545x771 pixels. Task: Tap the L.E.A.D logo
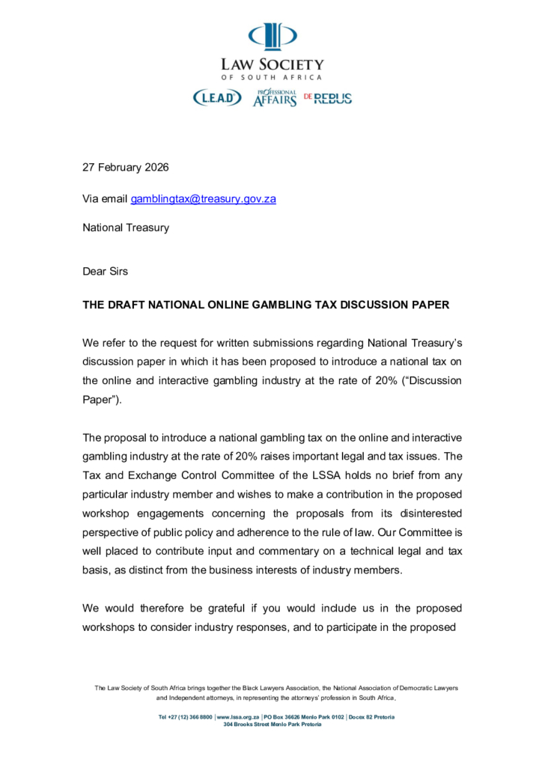click(218, 97)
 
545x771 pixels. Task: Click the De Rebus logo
click(328, 98)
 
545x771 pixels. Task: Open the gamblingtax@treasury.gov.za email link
click(204, 199)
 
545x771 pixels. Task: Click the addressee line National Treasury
click(126, 228)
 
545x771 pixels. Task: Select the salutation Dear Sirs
click(105, 271)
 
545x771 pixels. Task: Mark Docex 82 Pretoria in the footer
click(372, 717)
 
